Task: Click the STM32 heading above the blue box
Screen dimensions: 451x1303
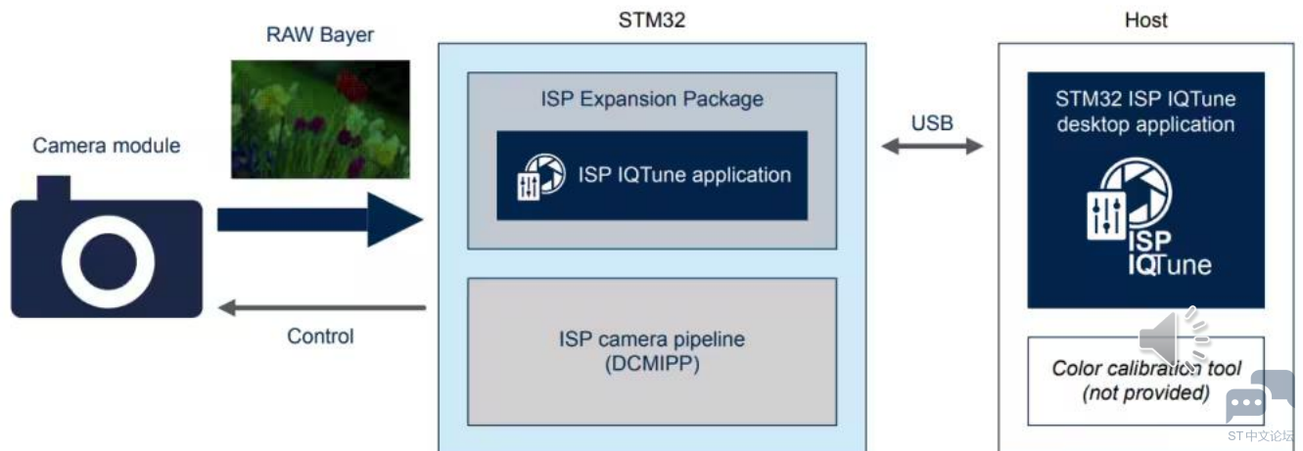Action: pyautogui.click(x=651, y=20)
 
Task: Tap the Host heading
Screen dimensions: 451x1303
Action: pyautogui.click(x=1146, y=20)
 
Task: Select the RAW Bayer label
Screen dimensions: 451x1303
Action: pyautogui.click(x=320, y=36)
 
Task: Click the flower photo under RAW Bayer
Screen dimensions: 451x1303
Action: pyautogui.click(x=320, y=119)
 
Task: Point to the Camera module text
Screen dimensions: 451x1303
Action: pyautogui.click(x=107, y=146)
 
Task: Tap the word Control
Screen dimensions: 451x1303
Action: pyautogui.click(x=320, y=337)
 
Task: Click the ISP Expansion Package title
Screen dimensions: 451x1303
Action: pyautogui.click(x=652, y=99)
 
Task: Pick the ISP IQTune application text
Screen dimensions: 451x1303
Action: pyautogui.click(x=684, y=175)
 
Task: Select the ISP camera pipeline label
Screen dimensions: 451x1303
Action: pyautogui.click(x=652, y=340)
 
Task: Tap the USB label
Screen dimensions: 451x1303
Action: pyautogui.click(x=932, y=123)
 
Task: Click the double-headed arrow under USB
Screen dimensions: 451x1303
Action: pyautogui.click(x=932, y=147)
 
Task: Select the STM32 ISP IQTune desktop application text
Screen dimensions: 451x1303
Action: pyautogui.click(x=1145, y=112)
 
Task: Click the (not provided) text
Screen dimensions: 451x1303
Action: pyautogui.click(x=1145, y=393)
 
